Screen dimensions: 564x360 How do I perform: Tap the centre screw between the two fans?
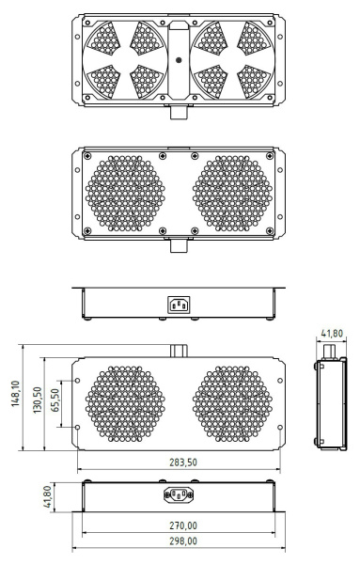pos(179,58)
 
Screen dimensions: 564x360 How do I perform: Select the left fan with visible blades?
pos(124,58)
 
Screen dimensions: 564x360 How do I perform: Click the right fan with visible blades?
pos(232,58)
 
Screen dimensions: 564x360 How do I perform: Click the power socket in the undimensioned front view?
pos(179,303)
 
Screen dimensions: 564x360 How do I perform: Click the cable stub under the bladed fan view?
pos(179,111)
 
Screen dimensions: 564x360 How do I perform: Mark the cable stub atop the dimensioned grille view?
pos(179,351)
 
